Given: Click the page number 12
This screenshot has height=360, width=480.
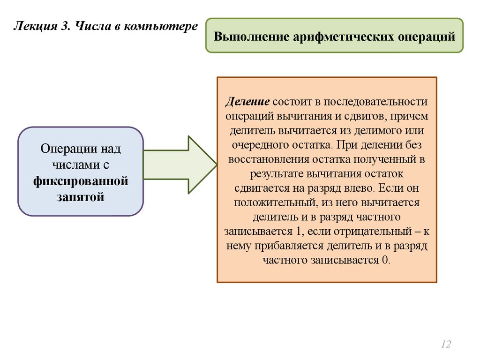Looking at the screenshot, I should [x=446, y=345].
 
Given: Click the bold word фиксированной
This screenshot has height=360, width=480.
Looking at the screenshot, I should [x=81, y=180].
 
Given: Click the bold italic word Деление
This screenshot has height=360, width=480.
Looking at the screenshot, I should [x=247, y=102].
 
